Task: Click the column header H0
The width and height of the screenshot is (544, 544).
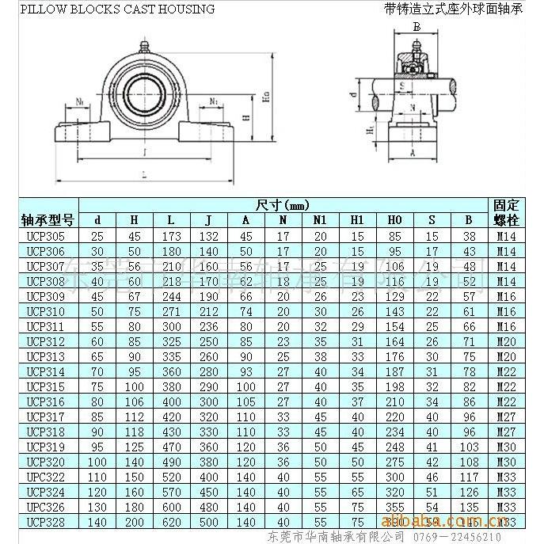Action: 394,220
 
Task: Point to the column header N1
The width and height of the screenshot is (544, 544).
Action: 320,220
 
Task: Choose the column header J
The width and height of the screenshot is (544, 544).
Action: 208,220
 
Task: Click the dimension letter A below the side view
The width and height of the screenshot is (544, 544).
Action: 413,156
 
